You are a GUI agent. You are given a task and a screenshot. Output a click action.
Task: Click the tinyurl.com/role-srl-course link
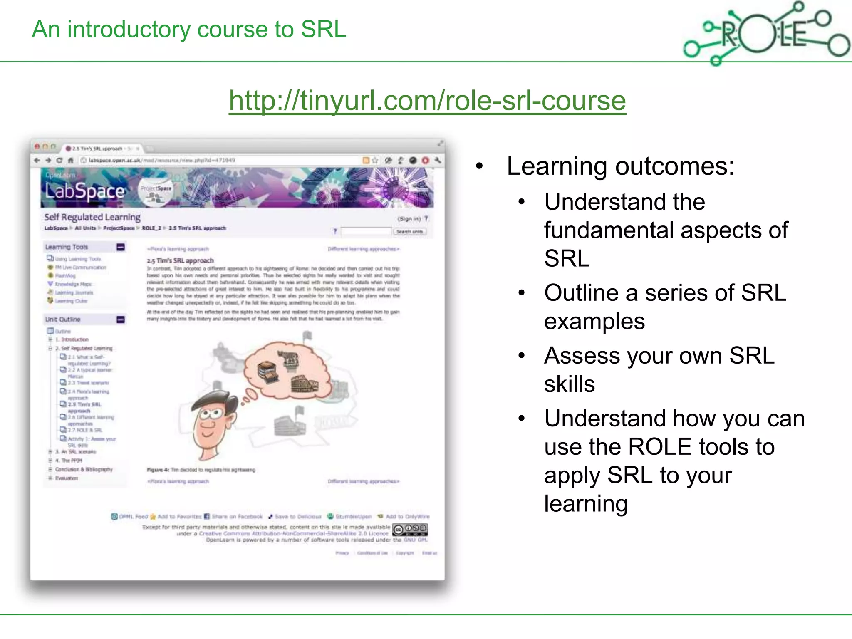pos(427,101)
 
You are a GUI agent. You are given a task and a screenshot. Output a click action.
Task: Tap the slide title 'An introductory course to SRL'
pos(189,30)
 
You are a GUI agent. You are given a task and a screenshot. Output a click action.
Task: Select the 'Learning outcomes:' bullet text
pos(620,166)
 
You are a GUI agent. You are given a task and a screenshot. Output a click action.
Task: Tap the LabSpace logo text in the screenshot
pos(84,191)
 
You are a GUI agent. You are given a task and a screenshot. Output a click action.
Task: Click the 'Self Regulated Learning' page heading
pos(92,217)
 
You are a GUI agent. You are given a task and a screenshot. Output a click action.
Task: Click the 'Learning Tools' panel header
pos(67,247)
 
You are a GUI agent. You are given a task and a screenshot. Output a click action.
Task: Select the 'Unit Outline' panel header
pos(63,319)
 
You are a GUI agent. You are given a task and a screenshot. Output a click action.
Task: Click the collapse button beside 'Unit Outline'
pos(121,319)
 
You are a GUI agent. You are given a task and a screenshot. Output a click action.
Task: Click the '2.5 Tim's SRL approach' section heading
pos(180,260)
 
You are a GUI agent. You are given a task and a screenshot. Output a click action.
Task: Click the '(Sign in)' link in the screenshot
pos(409,219)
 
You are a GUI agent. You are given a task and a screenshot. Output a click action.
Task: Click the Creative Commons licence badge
pos(410,530)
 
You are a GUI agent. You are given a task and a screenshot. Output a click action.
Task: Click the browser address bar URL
pos(162,160)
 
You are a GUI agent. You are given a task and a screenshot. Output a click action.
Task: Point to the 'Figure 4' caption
pos(201,470)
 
